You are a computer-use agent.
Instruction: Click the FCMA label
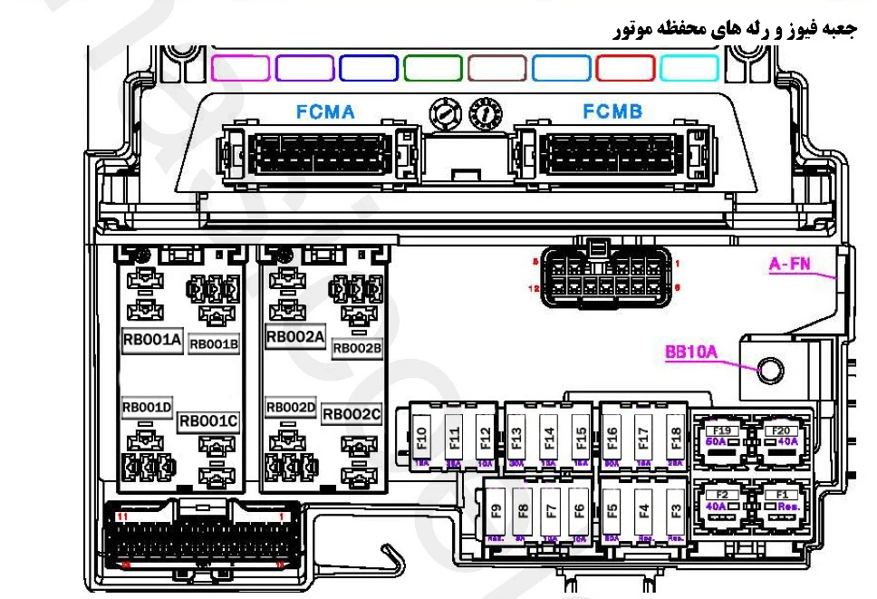tap(325, 112)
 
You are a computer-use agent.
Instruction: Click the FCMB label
tap(612, 112)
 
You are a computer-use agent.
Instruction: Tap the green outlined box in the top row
tap(433, 68)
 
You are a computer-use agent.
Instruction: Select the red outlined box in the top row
tap(625, 68)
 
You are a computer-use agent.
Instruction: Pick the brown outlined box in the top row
tap(497, 68)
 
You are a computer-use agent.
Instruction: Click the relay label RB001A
tap(152, 341)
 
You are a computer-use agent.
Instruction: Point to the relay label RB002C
tap(352, 414)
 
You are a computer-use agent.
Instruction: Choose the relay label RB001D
tap(147, 409)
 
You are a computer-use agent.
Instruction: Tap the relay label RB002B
tap(357, 347)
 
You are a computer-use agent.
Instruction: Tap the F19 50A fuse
tap(722, 435)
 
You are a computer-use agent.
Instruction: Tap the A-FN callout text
tap(790, 265)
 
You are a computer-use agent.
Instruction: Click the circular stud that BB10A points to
tap(771, 370)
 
